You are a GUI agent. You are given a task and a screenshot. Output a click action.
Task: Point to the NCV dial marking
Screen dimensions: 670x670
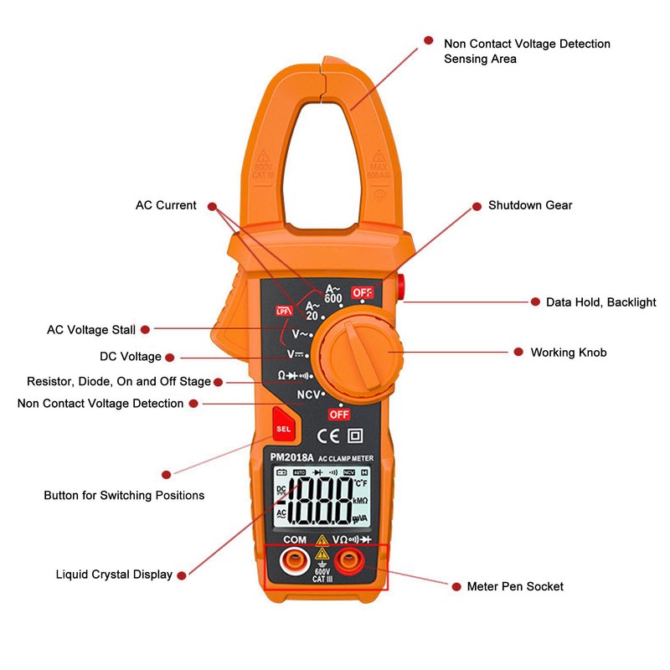point(309,393)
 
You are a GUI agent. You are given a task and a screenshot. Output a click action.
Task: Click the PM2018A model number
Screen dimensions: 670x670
point(291,457)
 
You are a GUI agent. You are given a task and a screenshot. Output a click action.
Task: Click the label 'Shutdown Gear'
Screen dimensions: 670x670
point(530,205)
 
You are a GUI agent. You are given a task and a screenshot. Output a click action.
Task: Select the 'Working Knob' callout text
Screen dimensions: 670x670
point(568,353)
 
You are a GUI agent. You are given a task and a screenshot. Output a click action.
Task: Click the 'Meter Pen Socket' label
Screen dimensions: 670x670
point(515,586)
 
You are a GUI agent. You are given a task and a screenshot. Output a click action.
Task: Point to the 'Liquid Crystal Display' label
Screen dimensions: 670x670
point(114,575)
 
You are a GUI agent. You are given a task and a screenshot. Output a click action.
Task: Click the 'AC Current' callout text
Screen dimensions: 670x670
point(166,205)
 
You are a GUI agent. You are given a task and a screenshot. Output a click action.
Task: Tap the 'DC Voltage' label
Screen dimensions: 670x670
point(131,357)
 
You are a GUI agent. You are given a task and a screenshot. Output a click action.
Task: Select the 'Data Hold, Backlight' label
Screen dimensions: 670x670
point(600,302)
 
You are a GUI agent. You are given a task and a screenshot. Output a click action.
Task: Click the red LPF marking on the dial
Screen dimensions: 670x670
point(282,312)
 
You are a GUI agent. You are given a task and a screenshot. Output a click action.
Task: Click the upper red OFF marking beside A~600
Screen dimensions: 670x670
point(362,292)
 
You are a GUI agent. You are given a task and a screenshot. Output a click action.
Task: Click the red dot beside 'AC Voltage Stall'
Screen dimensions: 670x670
point(145,330)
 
